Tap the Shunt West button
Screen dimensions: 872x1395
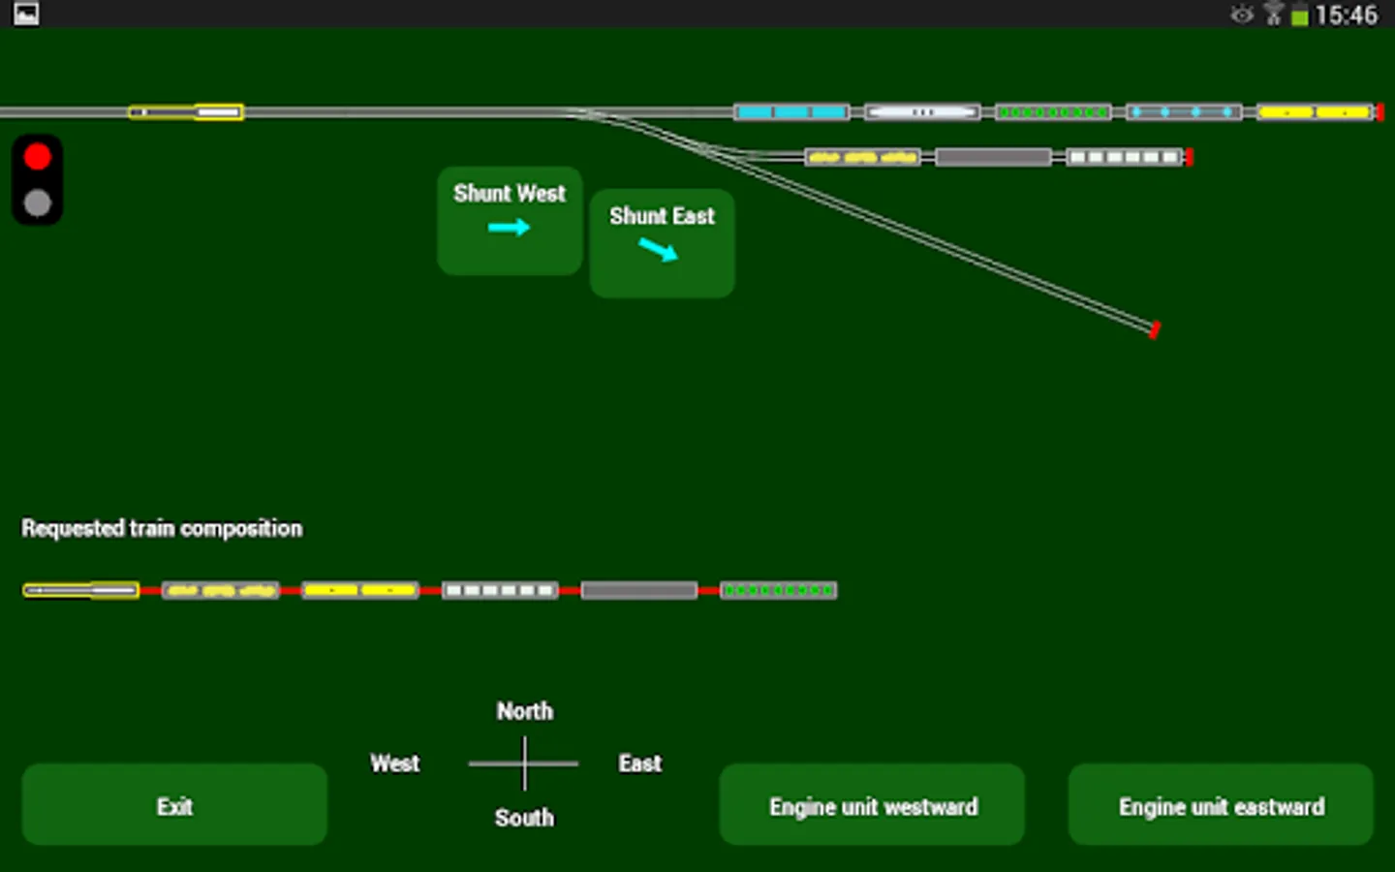click(510, 220)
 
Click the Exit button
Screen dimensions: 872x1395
click(174, 805)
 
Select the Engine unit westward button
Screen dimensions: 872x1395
click(872, 805)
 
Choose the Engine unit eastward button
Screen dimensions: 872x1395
click(1221, 805)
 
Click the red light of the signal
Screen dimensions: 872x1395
click(38, 157)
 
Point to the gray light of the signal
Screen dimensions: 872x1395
click(38, 202)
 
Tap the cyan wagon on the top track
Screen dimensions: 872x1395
click(791, 112)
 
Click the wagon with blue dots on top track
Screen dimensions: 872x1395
click(1183, 112)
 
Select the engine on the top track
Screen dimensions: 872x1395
click(186, 112)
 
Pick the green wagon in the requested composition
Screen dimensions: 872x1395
click(778, 590)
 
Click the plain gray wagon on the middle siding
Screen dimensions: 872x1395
click(993, 157)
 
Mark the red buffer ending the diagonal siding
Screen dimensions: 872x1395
click(1154, 330)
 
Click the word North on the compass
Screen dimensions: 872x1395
click(525, 711)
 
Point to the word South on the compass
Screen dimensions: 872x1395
click(524, 818)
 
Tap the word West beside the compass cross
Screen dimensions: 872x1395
click(395, 763)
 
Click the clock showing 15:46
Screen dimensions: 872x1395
click(1346, 15)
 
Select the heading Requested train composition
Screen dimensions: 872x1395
click(162, 528)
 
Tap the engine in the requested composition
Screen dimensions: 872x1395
click(81, 590)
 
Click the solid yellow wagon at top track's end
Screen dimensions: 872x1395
click(1315, 112)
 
